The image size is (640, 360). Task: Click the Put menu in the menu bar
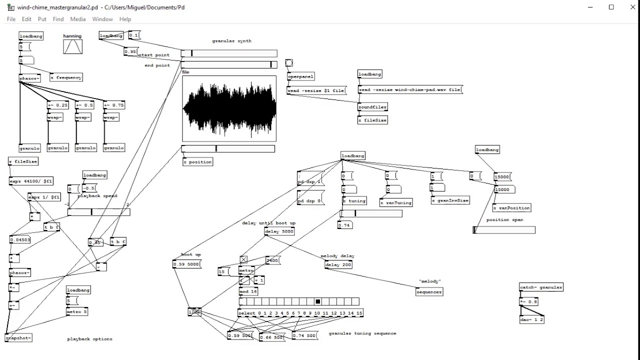click(x=42, y=19)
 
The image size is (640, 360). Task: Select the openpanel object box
click(x=300, y=77)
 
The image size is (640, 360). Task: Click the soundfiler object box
click(x=372, y=107)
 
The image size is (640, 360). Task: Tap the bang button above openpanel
click(x=289, y=63)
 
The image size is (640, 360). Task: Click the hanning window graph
click(x=73, y=46)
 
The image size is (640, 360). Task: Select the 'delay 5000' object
click(x=279, y=231)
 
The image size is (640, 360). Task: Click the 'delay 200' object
click(x=338, y=264)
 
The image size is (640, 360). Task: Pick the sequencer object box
click(x=429, y=292)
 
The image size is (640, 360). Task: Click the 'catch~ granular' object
click(x=541, y=287)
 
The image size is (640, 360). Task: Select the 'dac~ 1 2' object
click(x=532, y=319)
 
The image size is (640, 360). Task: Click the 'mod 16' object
click(x=248, y=291)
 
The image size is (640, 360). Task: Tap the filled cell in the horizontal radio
click(x=317, y=301)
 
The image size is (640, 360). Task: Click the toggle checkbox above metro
click(x=243, y=259)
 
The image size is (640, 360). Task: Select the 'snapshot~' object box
click(x=18, y=338)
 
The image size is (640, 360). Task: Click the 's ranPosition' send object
click(x=511, y=208)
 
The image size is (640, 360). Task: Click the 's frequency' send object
click(x=66, y=77)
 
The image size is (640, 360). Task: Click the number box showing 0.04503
click(x=20, y=240)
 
